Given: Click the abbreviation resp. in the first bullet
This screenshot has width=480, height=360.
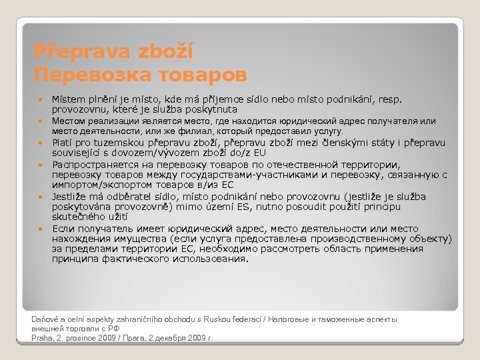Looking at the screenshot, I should [x=391, y=99].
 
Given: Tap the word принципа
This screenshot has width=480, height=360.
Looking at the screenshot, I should [x=75, y=259].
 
